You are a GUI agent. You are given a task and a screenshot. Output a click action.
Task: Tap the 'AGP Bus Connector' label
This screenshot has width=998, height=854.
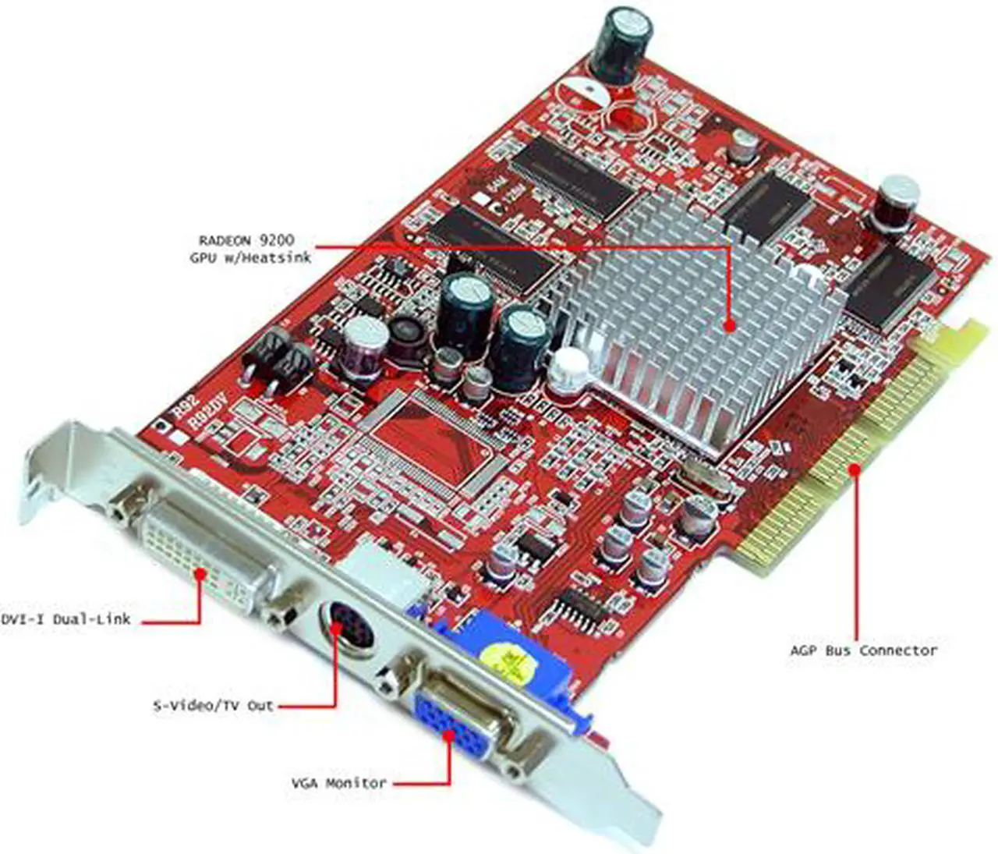[863, 650]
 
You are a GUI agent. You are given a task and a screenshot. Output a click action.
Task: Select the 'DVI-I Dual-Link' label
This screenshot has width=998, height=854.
[65, 619]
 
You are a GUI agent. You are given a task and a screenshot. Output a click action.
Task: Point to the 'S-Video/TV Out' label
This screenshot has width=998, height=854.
[214, 706]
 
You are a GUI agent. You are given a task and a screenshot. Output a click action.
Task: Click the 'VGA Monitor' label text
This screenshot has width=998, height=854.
[338, 782]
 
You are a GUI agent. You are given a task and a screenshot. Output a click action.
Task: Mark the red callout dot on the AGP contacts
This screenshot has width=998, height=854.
[855, 469]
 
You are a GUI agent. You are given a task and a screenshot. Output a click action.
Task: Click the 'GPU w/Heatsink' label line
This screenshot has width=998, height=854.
[249, 257]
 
